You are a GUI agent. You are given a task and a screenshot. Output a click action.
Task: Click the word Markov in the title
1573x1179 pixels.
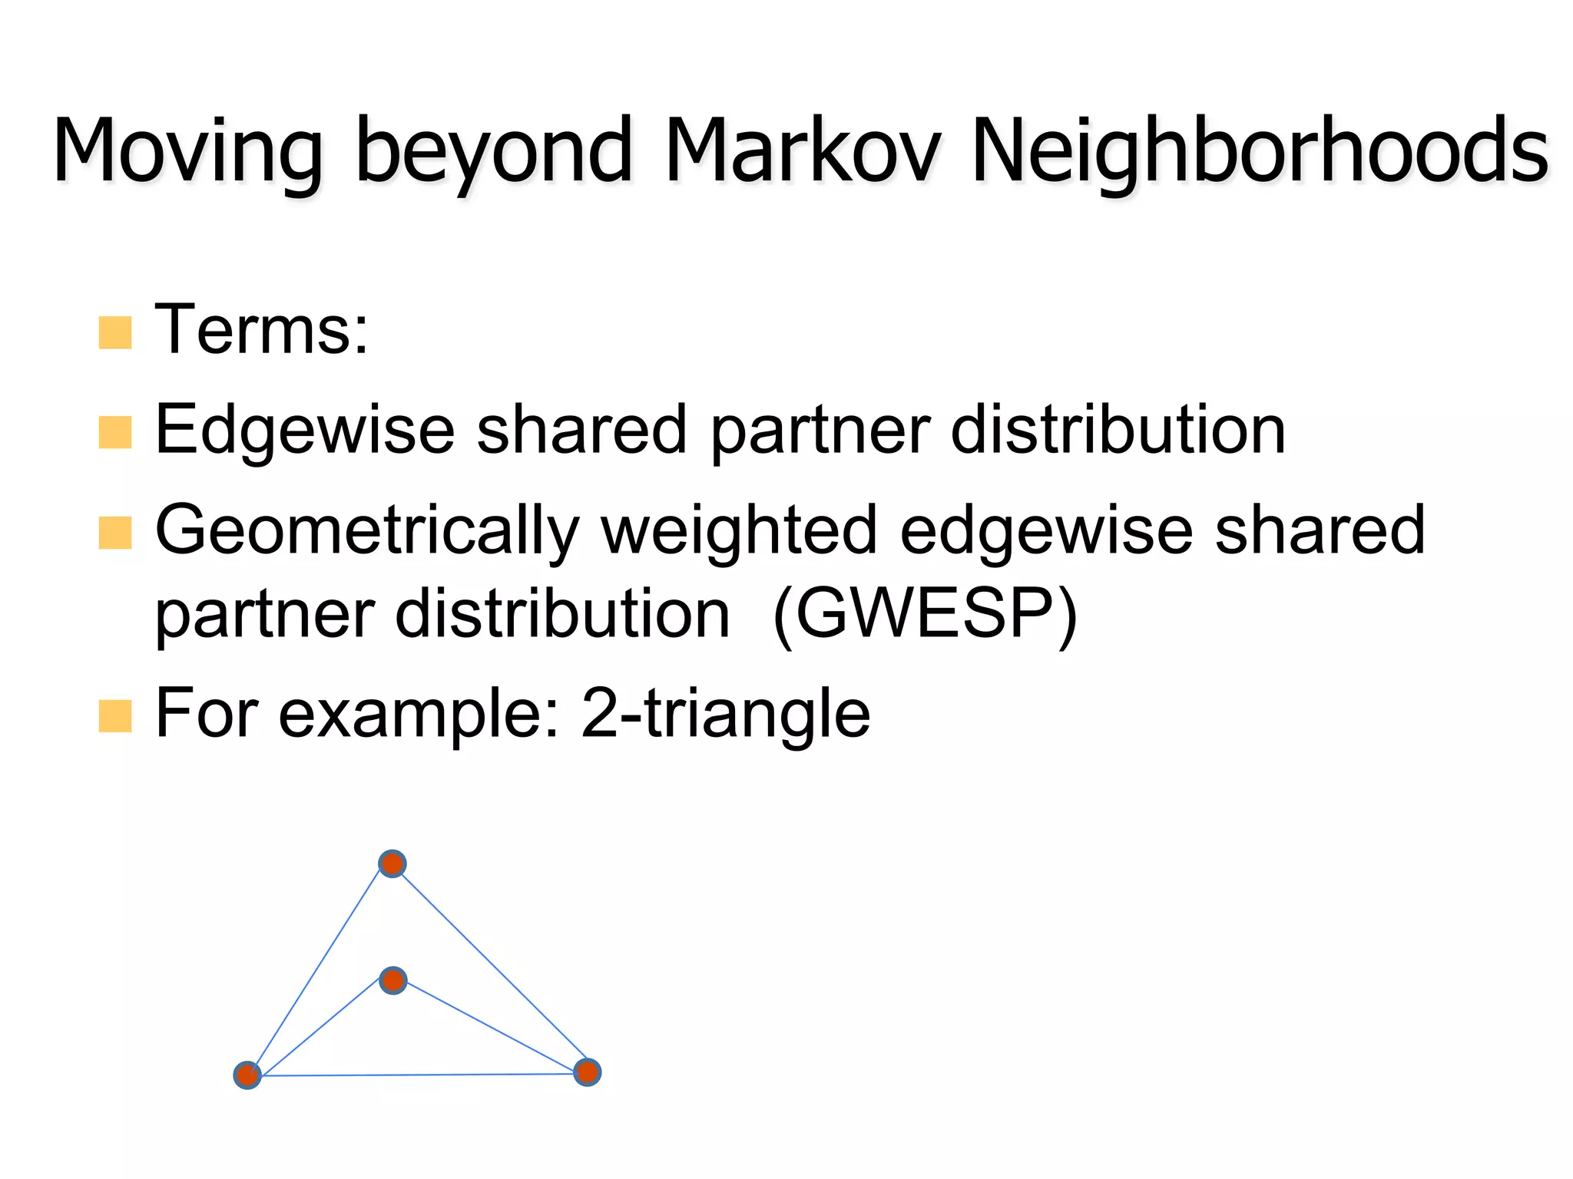point(803,151)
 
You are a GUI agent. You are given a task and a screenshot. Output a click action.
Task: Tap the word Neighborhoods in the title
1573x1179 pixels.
point(1260,151)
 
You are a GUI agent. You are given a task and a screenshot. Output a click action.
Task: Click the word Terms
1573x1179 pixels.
point(261,330)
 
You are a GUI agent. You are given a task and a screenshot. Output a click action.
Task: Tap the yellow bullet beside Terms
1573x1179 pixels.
point(115,332)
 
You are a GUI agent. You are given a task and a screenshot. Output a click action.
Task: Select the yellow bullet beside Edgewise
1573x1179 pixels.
point(115,431)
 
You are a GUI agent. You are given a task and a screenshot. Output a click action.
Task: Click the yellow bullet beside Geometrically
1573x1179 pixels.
point(115,533)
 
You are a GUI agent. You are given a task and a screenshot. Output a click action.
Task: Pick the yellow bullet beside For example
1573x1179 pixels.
point(115,715)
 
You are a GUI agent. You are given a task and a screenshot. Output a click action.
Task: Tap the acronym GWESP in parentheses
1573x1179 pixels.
point(926,614)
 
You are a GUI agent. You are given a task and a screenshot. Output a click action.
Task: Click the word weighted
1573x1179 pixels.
point(739,530)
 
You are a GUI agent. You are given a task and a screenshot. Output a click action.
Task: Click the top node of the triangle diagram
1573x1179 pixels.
point(392,864)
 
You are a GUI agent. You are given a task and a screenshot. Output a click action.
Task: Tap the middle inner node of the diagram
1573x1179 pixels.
point(393,980)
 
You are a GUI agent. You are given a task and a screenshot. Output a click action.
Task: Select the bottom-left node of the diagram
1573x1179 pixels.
point(247,1075)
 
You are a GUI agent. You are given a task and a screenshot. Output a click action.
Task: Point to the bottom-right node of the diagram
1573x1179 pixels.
point(588,1072)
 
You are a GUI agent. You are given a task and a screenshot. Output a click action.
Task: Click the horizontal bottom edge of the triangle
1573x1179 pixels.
point(419,1075)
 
